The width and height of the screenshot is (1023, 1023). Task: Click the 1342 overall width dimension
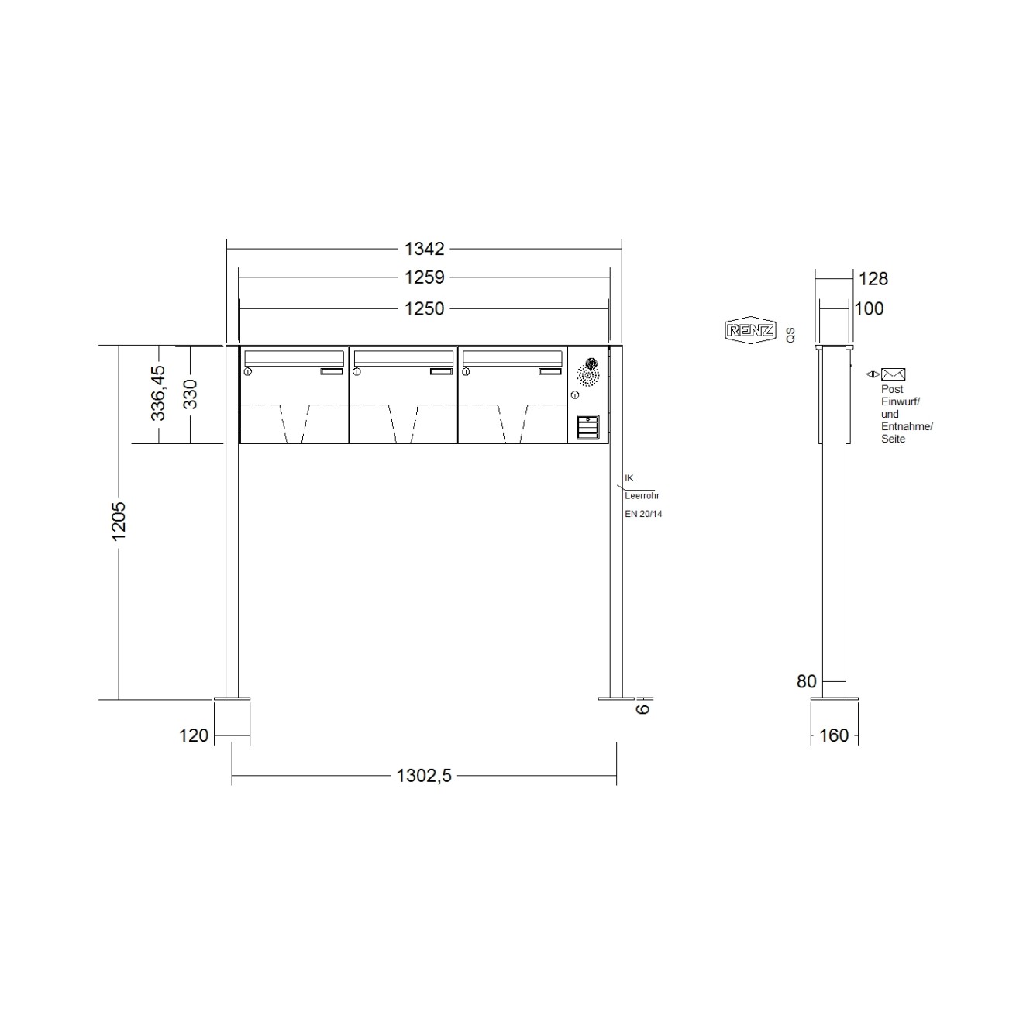[424, 249]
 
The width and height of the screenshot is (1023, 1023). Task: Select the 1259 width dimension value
[424, 277]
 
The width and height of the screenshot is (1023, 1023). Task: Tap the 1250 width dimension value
[424, 308]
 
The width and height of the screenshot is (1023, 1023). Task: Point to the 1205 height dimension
[119, 521]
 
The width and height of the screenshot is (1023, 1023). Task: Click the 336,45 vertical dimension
[158, 393]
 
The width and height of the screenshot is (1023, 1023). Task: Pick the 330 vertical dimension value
[190, 394]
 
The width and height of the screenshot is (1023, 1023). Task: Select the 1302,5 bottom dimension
[424, 776]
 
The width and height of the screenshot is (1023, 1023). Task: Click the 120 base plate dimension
[194, 735]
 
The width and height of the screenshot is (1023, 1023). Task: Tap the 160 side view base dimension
[834, 735]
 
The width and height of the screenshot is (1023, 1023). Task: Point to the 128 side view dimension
[873, 278]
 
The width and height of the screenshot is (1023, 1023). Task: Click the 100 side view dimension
[869, 308]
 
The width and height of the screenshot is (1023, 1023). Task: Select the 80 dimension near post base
[807, 681]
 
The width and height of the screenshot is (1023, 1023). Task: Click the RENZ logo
[749, 331]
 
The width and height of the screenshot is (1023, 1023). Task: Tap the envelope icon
[893, 374]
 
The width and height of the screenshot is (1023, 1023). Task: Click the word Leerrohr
[642, 495]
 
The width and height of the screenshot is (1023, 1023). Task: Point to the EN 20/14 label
[643, 514]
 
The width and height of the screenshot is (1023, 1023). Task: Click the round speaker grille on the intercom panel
[588, 377]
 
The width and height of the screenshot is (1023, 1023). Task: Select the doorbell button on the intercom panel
[588, 427]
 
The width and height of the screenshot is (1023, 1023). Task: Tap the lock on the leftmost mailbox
[247, 373]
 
